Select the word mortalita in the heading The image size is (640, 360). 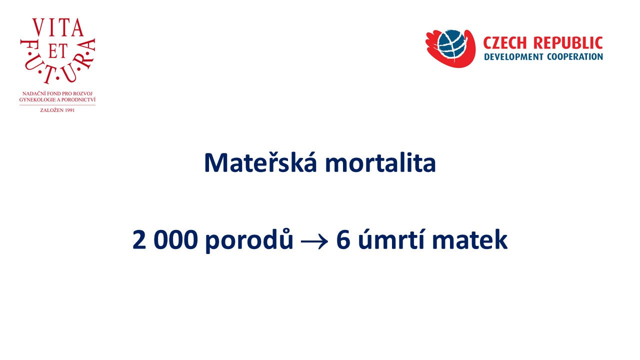[x=380, y=162]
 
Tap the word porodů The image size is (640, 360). [x=249, y=240]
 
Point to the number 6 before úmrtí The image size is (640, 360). [x=343, y=239]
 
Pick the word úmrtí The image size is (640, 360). [x=391, y=239]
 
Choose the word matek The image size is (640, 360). [x=469, y=239]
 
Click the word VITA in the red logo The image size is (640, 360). [x=58, y=27]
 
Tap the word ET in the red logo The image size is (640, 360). [x=57, y=51]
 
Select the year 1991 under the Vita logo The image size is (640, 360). [x=69, y=110]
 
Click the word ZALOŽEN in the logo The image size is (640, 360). [x=51, y=110]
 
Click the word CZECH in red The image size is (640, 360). [x=504, y=43]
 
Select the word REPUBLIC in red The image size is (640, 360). [x=568, y=43]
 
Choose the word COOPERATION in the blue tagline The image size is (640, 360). [x=575, y=56]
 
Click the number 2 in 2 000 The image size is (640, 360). [x=139, y=239]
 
